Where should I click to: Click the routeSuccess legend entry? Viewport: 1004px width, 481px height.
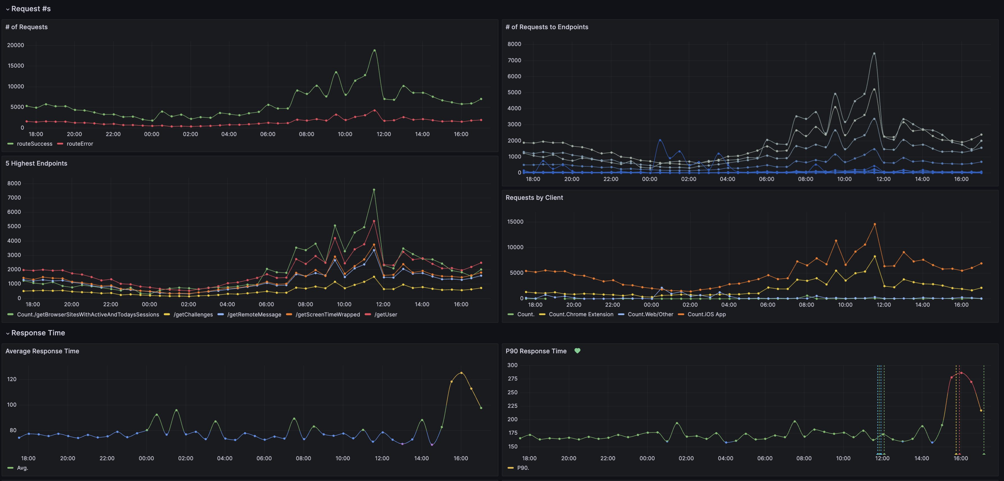coord(34,144)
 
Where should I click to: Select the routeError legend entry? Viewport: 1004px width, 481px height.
coord(79,144)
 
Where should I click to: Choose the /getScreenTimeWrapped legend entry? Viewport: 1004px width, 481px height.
coord(327,314)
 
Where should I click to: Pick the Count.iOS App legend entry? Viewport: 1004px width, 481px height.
coord(706,314)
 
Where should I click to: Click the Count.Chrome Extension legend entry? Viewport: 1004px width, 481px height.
coord(581,314)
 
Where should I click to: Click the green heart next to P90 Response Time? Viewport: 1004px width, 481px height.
coord(577,351)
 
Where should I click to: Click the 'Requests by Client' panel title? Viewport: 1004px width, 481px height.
coord(534,198)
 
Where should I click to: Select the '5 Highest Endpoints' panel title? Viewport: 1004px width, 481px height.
coord(36,163)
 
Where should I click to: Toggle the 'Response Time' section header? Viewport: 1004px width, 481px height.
coord(38,333)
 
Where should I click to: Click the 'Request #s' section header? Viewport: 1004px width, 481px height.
coord(31,9)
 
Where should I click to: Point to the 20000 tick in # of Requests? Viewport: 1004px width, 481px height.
coord(15,45)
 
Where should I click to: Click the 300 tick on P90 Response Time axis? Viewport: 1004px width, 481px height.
coord(512,365)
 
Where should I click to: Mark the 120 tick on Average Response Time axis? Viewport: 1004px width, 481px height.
coord(12,379)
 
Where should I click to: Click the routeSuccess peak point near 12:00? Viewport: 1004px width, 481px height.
coord(374,50)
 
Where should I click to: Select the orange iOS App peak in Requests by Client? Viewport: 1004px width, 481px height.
coord(874,224)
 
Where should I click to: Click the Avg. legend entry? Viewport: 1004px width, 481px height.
coord(22,468)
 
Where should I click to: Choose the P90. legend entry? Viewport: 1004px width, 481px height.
coord(523,468)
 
